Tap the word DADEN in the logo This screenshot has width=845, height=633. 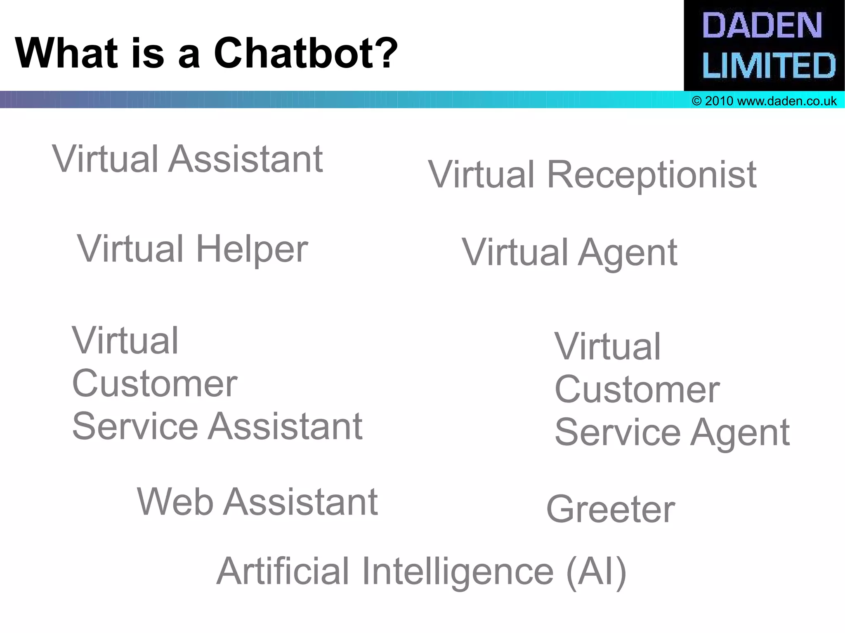coord(762,26)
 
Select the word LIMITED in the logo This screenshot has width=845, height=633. coord(769,65)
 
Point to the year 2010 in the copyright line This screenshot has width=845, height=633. coord(719,101)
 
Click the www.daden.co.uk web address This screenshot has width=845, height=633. coord(786,101)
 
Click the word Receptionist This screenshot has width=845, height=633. coord(651,175)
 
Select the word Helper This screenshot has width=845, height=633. coord(252,249)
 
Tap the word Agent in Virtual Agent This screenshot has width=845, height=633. coord(627,253)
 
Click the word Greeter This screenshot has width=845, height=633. coord(611,510)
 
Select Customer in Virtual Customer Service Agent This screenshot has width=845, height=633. coord(637,390)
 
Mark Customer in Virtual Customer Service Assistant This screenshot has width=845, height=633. coord(155,384)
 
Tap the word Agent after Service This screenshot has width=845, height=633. coord(740,433)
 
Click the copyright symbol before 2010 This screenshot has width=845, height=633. coord(696,101)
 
